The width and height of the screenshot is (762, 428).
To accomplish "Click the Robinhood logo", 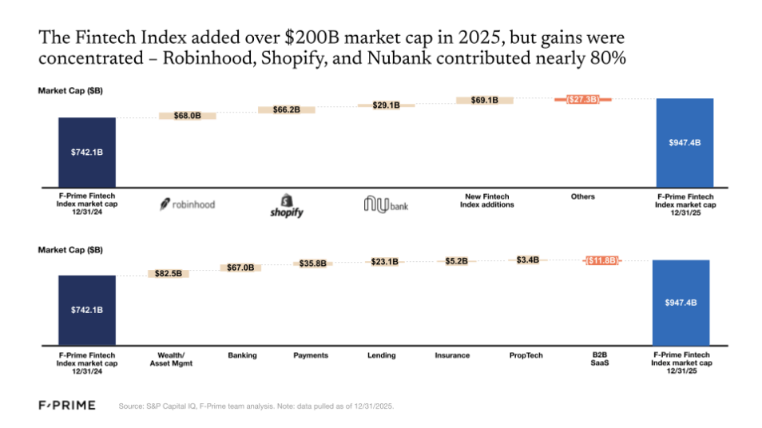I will pyautogui.click(x=187, y=204).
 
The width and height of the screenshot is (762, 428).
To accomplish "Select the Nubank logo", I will pyautogui.click(x=387, y=204).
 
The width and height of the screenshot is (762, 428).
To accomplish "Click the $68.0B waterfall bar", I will pyautogui.click(x=187, y=116).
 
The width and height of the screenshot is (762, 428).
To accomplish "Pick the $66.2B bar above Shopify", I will pyautogui.click(x=286, y=109).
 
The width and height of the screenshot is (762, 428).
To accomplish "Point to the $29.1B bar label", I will pyautogui.click(x=387, y=105).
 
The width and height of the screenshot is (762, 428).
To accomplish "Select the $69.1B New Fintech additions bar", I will pyautogui.click(x=485, y=100).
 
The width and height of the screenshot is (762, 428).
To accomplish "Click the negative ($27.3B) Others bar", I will pyautogui.click(x=582, y=99).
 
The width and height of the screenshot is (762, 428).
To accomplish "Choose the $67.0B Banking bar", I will pyautogui.click(x=242, y=268).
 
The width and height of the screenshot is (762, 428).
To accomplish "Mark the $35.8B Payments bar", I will pyautogui.click(x=312, y=264).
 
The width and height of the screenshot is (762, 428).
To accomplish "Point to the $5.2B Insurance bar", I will pyautogui.click(x=456, y=260).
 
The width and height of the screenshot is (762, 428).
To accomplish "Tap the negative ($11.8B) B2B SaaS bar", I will pyautogui.click(x=600, y=260).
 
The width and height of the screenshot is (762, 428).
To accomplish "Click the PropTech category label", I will pyautogui.click(x=526, y=355).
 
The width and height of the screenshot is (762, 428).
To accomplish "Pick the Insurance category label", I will pyautogui.click(x=452, y=355).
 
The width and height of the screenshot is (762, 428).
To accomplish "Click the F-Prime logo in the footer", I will pyautogui.click(x=67, y=406).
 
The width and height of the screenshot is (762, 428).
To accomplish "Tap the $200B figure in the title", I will pyautogui.click(x=309, y=38).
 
